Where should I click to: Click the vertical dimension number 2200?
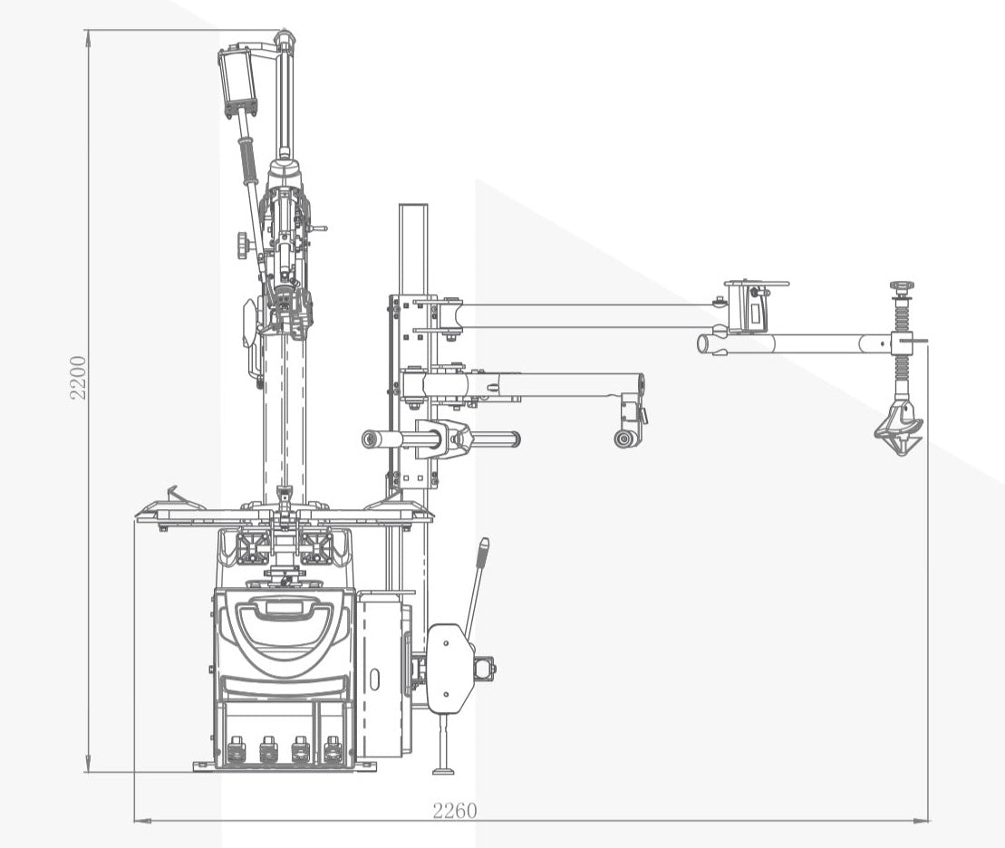(x=78, y=378)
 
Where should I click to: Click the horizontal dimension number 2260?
(x=454, y=811)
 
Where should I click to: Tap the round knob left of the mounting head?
(x=243, y=246)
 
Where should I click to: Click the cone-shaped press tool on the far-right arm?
(x=899, y=429)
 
